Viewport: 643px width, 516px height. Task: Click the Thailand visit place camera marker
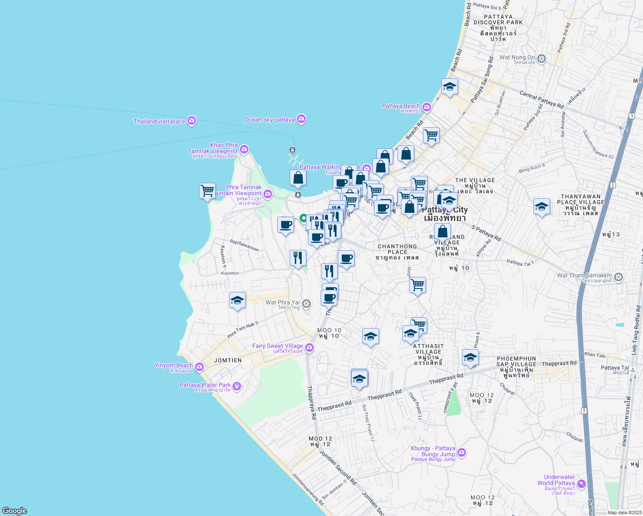click(192, 121)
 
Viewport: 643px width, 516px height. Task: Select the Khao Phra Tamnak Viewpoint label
click(213, 149)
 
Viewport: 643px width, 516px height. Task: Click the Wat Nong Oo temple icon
click(542, 58)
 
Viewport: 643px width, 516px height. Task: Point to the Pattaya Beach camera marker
click(426, 107)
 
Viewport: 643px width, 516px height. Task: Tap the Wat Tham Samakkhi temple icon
click(619, 276)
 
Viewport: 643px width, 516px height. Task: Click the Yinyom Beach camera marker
click(199, 367)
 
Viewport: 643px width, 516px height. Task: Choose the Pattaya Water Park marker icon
click(237, 386)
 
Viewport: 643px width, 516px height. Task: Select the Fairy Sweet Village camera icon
click(309, 347)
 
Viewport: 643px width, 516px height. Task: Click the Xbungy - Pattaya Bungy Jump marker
click(462, 452)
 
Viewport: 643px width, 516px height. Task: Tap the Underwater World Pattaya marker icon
click(582, 484)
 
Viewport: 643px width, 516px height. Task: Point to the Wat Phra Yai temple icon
click(306, 304)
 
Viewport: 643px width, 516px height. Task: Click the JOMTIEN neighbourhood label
click(228, 360)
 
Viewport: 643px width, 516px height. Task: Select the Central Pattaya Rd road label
click(541, 99)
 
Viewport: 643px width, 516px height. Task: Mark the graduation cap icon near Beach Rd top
click(450, 87)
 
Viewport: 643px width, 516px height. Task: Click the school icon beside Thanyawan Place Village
click(542, 207)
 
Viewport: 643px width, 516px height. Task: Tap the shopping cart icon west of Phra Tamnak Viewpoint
click(208, 190)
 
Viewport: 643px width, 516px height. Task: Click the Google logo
click(14, 510)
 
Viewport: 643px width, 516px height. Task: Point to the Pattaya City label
click(445, 210)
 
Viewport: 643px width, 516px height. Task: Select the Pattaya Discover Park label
click(498, 20)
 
